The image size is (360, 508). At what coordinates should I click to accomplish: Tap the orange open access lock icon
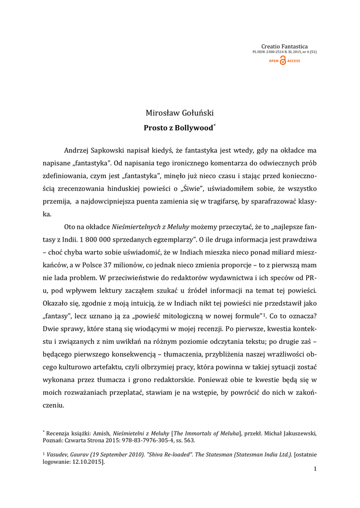click(283, 61)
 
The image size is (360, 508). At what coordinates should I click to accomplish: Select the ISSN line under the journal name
click(285, 52)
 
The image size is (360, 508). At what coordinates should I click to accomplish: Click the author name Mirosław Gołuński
click(180, 113)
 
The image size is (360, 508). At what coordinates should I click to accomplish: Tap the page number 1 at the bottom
click(315, 469)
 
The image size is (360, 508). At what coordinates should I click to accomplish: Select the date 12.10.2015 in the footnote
click(87, 462)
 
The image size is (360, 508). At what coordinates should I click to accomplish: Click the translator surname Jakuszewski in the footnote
click(297, 433)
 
